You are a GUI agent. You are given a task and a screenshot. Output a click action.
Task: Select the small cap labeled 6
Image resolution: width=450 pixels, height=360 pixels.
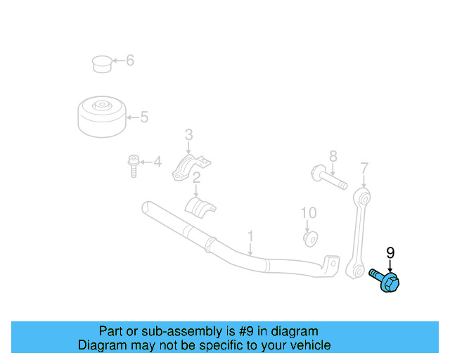point(103,63)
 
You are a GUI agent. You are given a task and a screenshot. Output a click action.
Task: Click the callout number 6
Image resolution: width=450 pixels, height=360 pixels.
point(129,60)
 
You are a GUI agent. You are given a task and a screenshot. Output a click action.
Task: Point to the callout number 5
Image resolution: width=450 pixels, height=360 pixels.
point(144,117)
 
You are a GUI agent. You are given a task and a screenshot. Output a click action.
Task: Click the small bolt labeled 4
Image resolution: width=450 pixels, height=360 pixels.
point(133,166)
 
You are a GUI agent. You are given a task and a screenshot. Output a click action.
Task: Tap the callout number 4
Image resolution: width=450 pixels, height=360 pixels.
point(157,163)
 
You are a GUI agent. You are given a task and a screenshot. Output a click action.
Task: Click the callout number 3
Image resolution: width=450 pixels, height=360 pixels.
point(188,134)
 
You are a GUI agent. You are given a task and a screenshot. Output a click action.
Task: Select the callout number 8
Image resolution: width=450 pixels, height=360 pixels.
point(333,156)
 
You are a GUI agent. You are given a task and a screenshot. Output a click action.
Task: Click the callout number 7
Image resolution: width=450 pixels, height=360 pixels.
point(364,167)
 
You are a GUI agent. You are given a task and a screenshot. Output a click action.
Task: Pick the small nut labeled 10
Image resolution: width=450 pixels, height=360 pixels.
point(309,238)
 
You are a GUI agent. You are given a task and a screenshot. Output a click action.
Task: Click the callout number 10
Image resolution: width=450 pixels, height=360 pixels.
point(309,212)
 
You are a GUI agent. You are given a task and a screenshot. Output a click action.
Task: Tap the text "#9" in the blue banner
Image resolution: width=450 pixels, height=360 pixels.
point(247,331)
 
